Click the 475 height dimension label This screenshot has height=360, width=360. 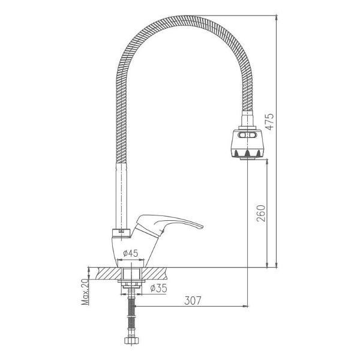pyautogui.click(x=269, y=121)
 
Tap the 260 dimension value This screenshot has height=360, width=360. pyautogui.click(x=260, y=213)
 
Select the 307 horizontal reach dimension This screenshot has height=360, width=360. pyautogui.click(x=193, y=301)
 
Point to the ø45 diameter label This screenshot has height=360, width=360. pyautogui.click(x=130, y=253)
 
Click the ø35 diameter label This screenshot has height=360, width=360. pyautogui.click(x=158, y=288)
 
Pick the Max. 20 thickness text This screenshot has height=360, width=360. pyautogui.click(x=85, y=292)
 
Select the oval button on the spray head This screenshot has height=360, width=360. pyautogui.click(x=247, y=135)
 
